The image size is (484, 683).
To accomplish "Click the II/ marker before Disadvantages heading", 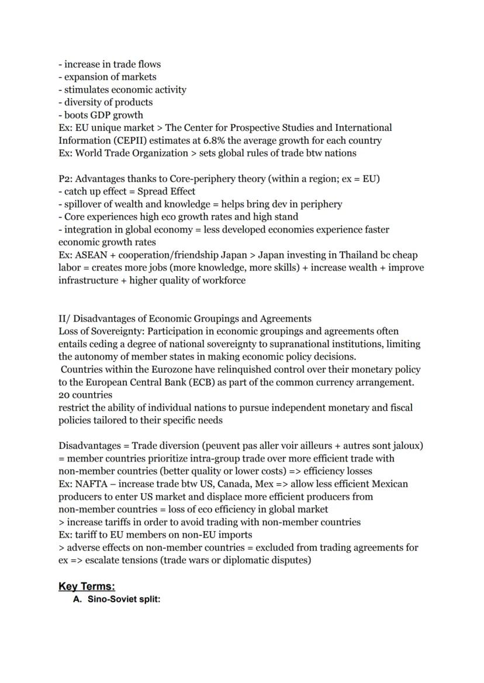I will click(64, 318).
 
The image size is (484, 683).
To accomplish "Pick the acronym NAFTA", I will click(92, 484).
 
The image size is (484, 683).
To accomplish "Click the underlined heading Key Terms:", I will click(87, 586).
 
